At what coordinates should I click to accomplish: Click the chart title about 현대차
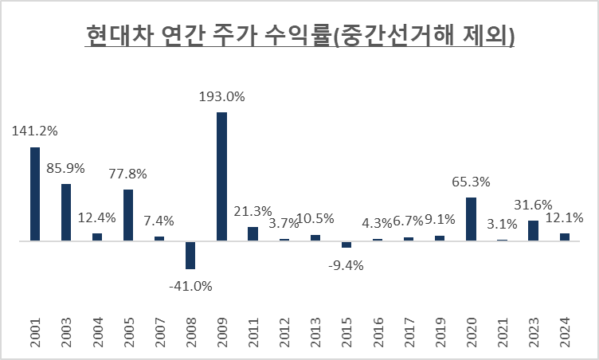point(299,37)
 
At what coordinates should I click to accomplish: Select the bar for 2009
point(221,176)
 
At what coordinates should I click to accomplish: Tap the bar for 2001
point(35,194)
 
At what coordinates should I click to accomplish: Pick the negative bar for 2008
point(190,254)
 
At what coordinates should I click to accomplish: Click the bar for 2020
point(471,218)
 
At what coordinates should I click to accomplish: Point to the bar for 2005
point(128,214)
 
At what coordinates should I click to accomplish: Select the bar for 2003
point(66,212)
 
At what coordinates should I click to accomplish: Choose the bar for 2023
point(533,230)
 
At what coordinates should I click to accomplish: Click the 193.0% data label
point(221,96)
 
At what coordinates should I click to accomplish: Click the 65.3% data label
point(470,182)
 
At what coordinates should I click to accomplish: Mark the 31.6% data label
point(533,205)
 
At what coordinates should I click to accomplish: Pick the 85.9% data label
point(66,168)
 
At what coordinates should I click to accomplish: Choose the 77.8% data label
point(128,174)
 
